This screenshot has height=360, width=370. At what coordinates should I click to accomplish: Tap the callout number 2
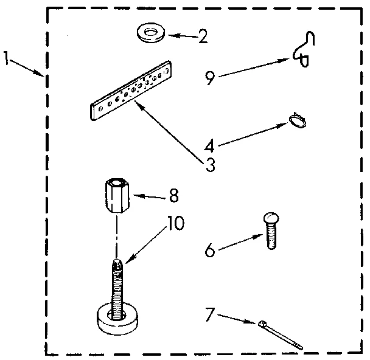(x=202, y=36)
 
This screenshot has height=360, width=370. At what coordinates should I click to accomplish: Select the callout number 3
(x=211, y=164)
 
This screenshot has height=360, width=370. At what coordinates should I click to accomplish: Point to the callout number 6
(x=209, y=250)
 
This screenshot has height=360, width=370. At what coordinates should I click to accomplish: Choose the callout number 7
(x=209, y=316)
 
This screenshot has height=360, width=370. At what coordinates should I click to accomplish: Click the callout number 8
(x=173, y=196)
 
